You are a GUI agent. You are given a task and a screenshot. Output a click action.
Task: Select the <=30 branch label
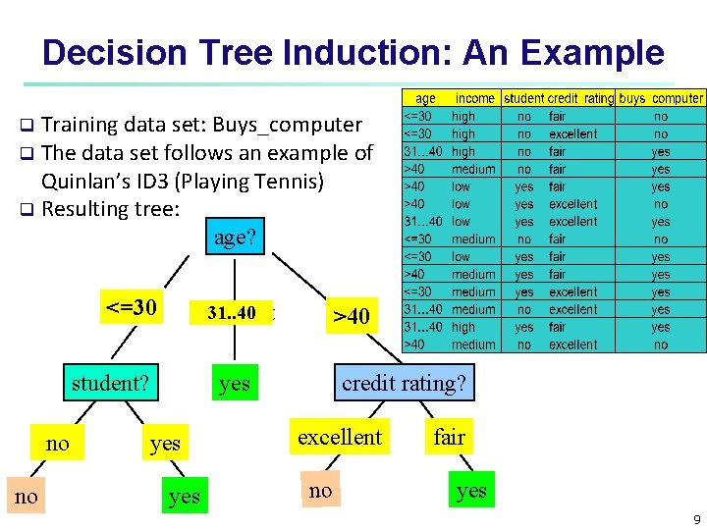(x=131, y=307)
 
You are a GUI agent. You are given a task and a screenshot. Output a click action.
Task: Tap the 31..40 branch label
(x=232, y=313)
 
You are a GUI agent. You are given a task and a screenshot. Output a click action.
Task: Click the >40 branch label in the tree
(x=351, y=316)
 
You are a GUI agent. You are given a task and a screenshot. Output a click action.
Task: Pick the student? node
(x=109, y=383)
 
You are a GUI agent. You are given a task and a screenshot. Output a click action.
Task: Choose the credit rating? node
(x=404, y=382)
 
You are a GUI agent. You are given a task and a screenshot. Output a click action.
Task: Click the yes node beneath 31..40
(x=235, y=383)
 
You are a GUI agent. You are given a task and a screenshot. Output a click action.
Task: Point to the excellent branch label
(x=340, y=437)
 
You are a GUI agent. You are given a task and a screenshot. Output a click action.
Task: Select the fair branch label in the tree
(x=449, y=437)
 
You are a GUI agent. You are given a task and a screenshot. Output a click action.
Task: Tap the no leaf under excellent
(x=320, y=490)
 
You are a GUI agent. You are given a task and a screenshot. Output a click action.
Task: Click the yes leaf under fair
(x=471, y=490)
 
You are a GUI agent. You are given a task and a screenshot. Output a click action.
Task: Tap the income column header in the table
(x=474, y=98)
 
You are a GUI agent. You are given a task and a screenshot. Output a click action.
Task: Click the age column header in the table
(x=426, y=98)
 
